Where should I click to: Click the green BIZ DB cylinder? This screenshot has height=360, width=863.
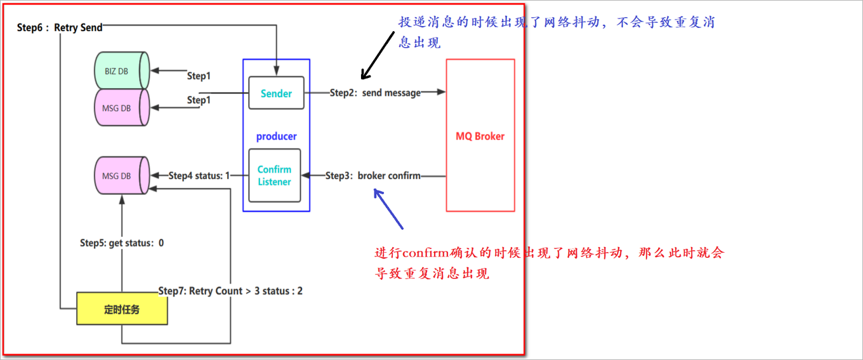click(x=121, y=71)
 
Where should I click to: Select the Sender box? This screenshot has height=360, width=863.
click(x=276, y=93)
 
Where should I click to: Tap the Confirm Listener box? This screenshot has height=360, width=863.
click(x=274, y=175)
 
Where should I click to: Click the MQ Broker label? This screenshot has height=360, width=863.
click(x=480, y=136)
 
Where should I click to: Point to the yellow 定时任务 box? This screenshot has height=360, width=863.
click(x=122, y=309)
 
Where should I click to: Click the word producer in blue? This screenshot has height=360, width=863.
click(x=276, y=136)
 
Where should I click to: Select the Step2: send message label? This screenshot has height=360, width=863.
click(x=375, y=93)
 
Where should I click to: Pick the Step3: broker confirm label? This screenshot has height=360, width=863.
click(x=373, y=175)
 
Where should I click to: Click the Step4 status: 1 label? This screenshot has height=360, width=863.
click(x=199, y=175)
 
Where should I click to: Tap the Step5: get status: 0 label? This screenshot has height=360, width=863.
click(x=122, y=243)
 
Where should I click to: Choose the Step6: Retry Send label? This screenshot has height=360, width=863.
click(x=60, y=27)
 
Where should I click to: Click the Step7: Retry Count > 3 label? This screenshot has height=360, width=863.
click(x=230, y=291)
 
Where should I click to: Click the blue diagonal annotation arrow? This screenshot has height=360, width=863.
click(x=388, y=209)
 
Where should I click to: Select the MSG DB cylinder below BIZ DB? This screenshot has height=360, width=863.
click(x=121, y=108)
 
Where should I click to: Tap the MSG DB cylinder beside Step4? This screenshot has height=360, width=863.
click(x=121, y=176)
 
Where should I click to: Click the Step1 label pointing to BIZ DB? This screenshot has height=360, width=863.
click(x=199, y=76)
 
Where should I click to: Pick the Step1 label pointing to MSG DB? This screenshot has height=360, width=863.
click(x=199, y=100)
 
